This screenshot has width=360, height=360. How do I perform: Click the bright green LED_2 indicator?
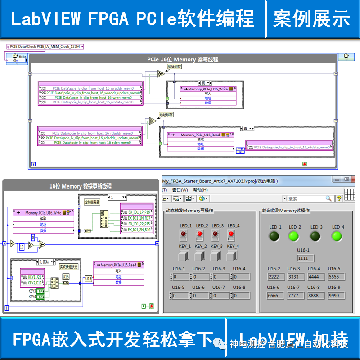tap(294, 236)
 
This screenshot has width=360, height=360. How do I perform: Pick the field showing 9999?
tap(336, 296)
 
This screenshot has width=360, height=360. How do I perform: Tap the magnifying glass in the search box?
tap(328, 198)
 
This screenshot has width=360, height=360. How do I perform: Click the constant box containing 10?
tap(22, 247)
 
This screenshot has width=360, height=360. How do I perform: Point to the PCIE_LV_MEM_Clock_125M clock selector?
tap(45, 46)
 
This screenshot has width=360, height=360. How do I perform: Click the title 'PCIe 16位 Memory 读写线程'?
tap(182, 59)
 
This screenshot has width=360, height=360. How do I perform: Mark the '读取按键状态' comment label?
tap(69, 266)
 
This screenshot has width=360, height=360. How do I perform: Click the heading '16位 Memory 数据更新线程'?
tap(81, 186)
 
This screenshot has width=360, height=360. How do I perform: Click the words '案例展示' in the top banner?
tap(311, 19)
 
